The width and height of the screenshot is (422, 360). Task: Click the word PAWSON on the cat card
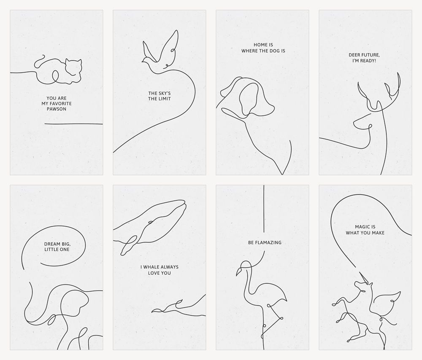(57, 109)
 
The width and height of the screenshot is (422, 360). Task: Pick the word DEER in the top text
(355, 55)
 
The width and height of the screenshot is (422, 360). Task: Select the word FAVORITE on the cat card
(60, 104)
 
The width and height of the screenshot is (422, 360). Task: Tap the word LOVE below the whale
(154, 273)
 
